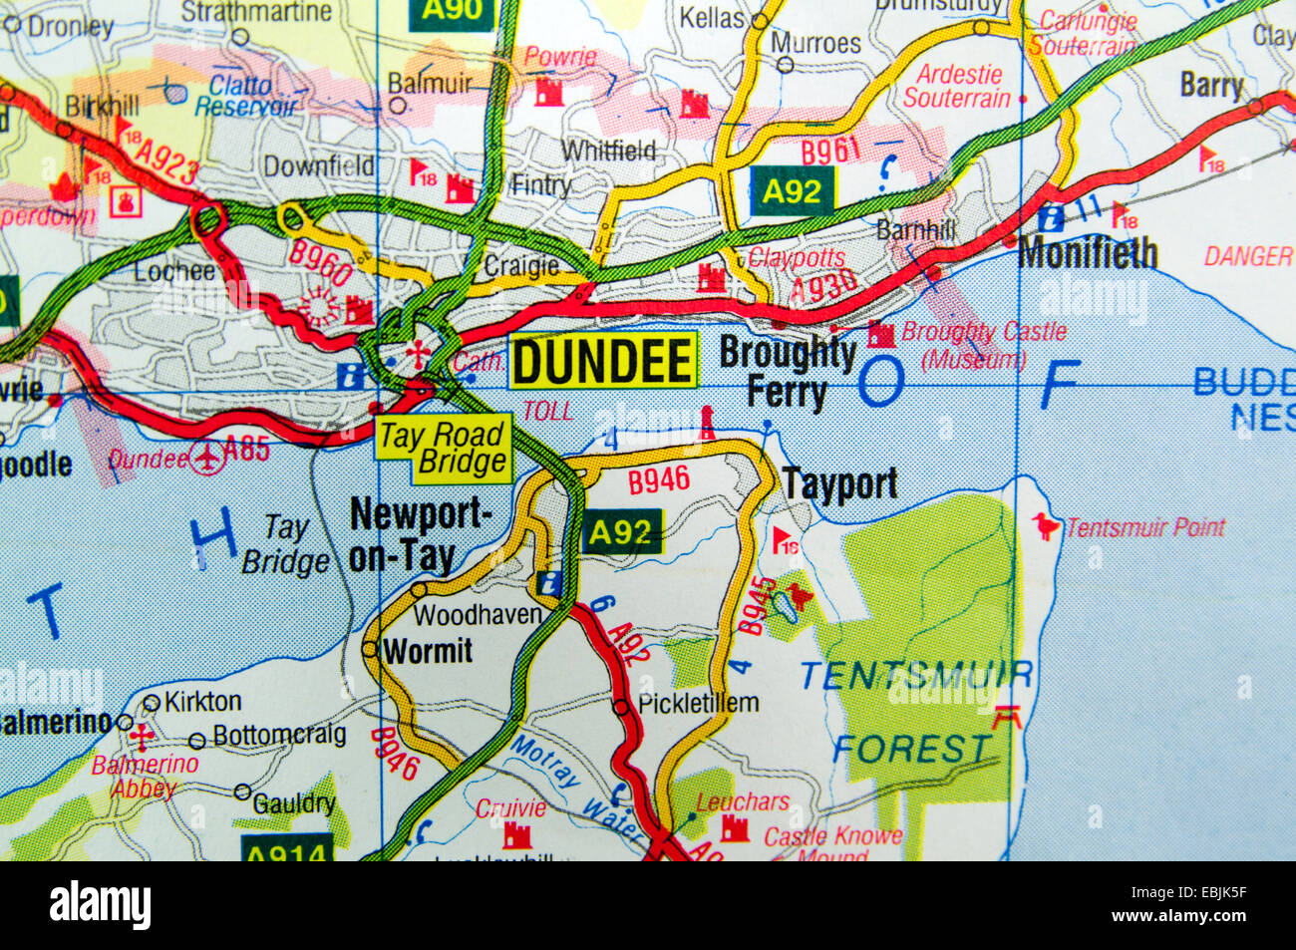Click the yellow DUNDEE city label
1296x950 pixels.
coord(603,360)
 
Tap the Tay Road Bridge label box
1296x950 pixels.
coord(443,449)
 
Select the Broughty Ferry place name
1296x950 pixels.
coord(788,373)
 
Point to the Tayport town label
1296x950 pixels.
coord(839,484)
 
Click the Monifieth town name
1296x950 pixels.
coord(1088,253)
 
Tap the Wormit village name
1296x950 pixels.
coord(428,651)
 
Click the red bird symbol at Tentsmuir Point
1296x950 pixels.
coord(1045,525)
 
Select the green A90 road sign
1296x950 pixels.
coord(453,12)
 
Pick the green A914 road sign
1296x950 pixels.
coord(287,851)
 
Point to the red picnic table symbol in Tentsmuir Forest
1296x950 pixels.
coord(1009,716)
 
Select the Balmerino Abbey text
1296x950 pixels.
coord(145,777)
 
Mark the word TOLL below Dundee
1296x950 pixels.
coord(548,411)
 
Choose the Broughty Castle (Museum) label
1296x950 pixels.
coord(982,345)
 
